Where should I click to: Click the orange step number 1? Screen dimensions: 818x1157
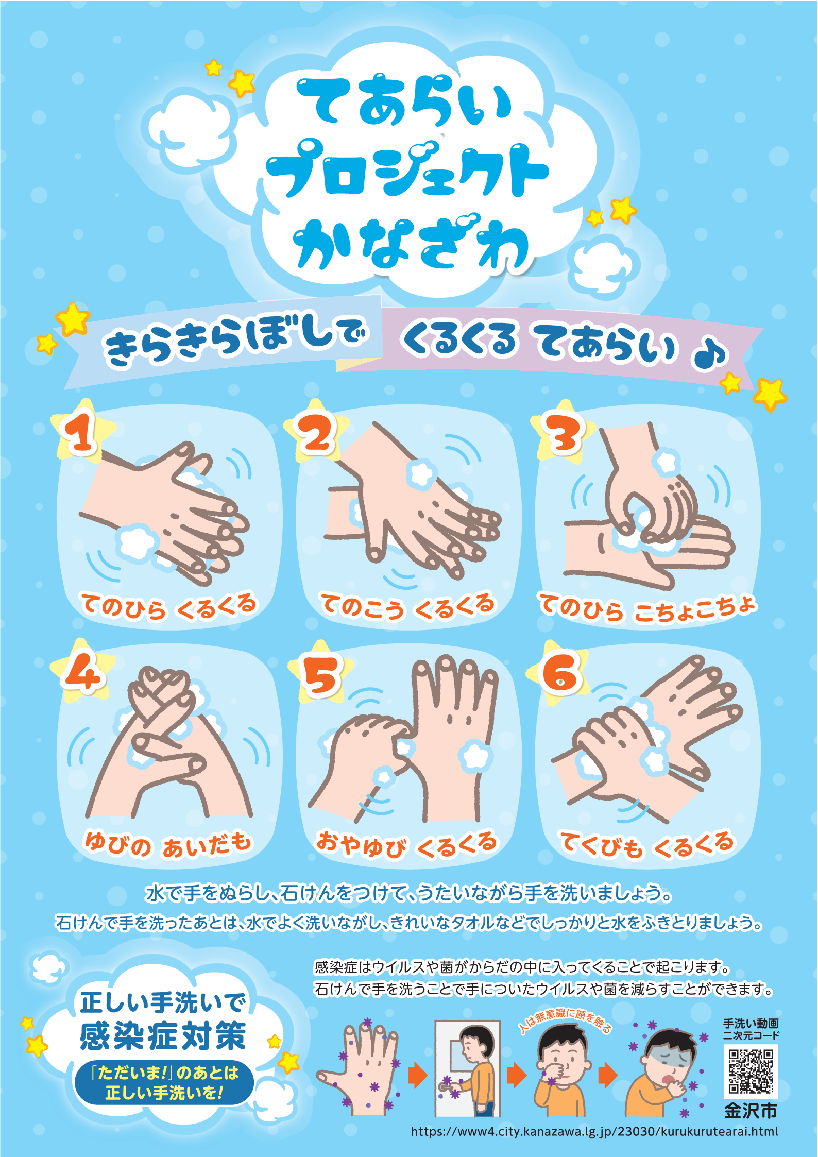tap(80, 432)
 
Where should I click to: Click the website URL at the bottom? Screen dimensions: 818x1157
tap(594, 1132)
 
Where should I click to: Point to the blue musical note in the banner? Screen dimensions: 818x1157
tap(710, 355)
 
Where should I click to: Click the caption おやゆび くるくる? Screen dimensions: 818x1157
tap(407, 845)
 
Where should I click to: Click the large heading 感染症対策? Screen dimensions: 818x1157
tap(163, 1036)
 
